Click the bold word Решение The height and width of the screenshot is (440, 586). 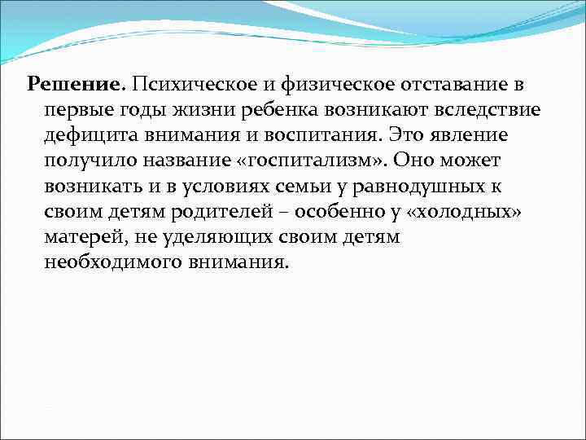[74, 83]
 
